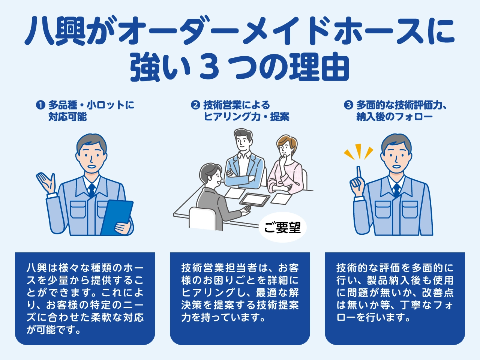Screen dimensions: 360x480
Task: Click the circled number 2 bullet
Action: pyautogui.click(x=195, y=105)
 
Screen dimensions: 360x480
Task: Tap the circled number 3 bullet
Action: pyautogui.click(x=348, y=105)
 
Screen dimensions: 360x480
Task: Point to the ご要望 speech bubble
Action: pyautogui.click(x=282, y=227)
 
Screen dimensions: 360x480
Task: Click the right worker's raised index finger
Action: pyautogui.click(x=358, y=172)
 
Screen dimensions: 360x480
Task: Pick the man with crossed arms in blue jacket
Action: pyautogui.click(x=244, y=161)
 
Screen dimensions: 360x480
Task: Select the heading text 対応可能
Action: pyautogui.click(x=67, y=117)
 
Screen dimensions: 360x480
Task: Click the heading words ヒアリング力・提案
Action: pyautogui.click(x=246, y=117)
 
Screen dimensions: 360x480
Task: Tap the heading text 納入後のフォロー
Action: pyautogui.click(x=394, y=117)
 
